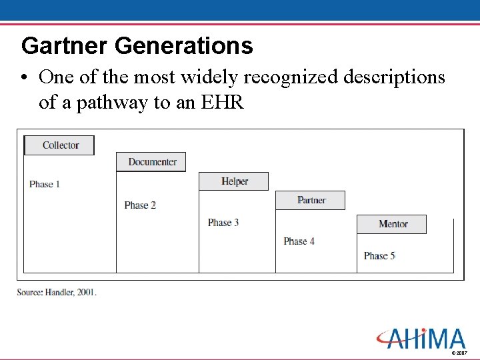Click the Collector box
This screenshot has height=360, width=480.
pyautogui.click(x=59, y=145)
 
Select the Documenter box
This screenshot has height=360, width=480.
pyautogui.click(x=151, y=162)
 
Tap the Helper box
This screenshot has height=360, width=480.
pyautogui.click(x=234, y=181)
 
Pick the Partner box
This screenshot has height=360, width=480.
pyautogui.click(x=311, y=200)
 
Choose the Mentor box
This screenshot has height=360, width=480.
pyautogui.click(x=392, y=224)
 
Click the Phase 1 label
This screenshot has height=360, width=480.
pyautogui.click(x=45, y=184)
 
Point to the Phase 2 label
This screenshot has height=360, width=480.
pyautogui.click(x=140, y=205)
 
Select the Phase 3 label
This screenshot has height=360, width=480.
pyautogui.click(x=223, y=223)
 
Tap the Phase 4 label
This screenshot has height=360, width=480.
pyautogui.click(x=299, y=241)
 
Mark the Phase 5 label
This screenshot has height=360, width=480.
pyautogui.click(x=379, y=256)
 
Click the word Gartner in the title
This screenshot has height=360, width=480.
pyautogui.click(x=65, y=46)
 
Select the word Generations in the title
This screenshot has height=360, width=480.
pyautogui.click(x=184, y=46)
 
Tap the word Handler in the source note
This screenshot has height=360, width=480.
pyautogui.click(x=61, y=292)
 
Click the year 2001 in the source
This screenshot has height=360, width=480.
pyautogui.click(x=87, y=292)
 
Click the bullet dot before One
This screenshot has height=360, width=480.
pyautogui.click(x=24, y=79)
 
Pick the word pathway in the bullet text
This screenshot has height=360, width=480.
pyautogui.click(x=111, y=103)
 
